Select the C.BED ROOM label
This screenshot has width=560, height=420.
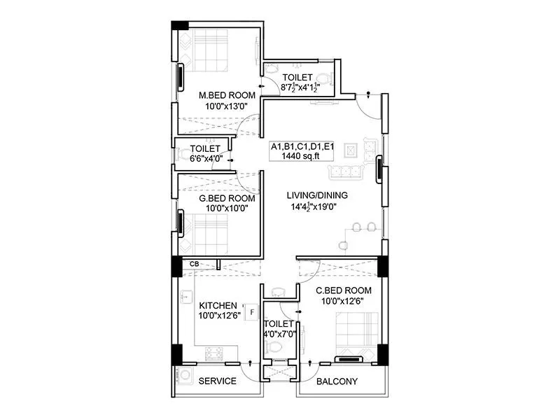[343, 290]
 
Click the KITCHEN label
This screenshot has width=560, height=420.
[218, 306]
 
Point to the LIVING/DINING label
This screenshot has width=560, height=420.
[317, 195]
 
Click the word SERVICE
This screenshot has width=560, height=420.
[218, 381]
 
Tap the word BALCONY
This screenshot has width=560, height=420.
[337, 381]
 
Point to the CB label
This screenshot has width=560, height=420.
[195, 264]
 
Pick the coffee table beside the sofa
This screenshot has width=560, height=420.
[351, 150]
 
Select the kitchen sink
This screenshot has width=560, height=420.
[185, 297]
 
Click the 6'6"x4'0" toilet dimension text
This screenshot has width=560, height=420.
[206, 159]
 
